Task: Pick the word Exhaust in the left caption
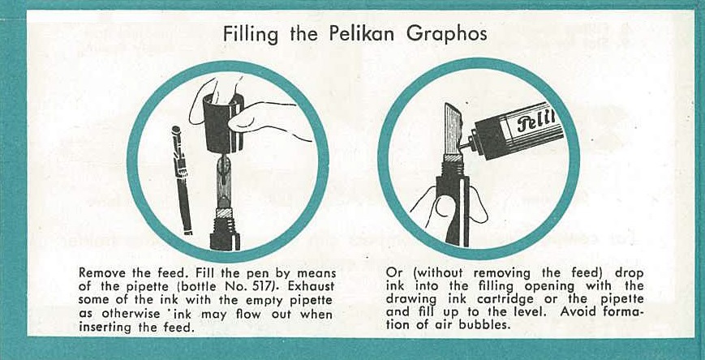(319, 286)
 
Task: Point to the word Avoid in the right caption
(575, 311)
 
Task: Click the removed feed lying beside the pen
(182, 180)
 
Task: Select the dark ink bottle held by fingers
(223, 123)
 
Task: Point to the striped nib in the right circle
(454, 131)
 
